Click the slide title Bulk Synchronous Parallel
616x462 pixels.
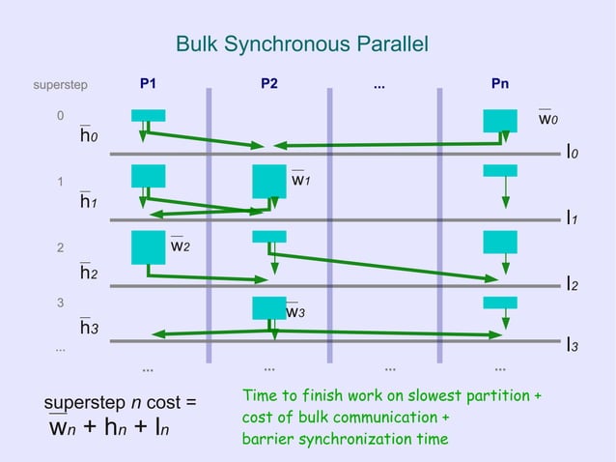(x=301, y=44)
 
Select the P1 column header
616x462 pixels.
(x=148, y=84)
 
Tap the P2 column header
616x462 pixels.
(x=269, y=84)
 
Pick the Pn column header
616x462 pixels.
(x=500, y=84)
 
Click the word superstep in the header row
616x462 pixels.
(x=60, y=85)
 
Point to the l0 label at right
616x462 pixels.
(x=573, y=152)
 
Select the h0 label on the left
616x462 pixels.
(x=88, y=136)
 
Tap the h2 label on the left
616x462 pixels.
(x=88, y=274)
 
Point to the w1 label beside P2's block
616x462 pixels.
(x=300, y=180)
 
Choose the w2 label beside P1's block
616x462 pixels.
(x=180, y=245)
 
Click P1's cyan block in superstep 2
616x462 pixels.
(x=148, y=246)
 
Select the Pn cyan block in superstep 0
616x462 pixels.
(x=500, y=121)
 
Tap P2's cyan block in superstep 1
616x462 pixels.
(x=269, y=181)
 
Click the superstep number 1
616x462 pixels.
(x=60, y=182)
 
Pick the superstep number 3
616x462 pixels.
(x=60, y=303)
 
